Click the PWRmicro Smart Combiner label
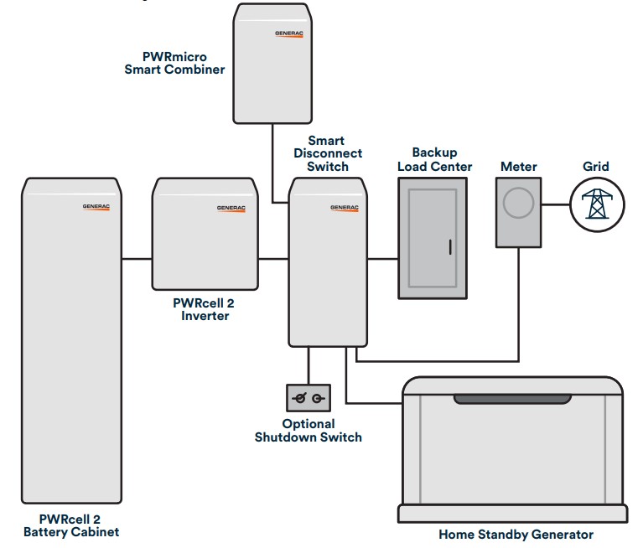tap(174, 63)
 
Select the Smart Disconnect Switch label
tap(335, 153)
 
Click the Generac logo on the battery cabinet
tap(96, 206)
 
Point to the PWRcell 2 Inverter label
tap(205, 309)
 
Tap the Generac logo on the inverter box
tap(231, 207)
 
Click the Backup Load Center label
tap(434, 159)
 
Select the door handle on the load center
tap(450, 247)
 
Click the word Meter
tap(518, 166)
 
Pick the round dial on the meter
tap(518, 204)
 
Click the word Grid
tap(596, 166)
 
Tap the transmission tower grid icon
tap(597, 204)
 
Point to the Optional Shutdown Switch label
tap(309, 430)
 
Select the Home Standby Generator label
tap(516, 534)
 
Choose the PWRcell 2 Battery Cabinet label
tap(71, 525)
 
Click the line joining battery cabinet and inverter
tap(136, 260)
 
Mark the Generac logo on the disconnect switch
tap(344, 207)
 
